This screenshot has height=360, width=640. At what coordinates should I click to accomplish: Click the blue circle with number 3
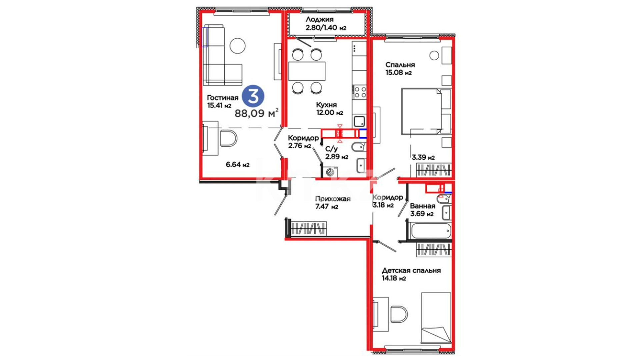(253, 96)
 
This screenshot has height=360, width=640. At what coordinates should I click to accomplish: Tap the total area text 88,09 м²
(257, 113)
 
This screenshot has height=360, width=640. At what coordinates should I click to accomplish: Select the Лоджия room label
(319, 20)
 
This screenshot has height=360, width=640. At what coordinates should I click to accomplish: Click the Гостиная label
(223, 98)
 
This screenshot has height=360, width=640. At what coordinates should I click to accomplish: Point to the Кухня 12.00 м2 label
(329, 109)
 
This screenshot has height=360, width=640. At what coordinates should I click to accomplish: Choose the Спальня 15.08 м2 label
(400, 69)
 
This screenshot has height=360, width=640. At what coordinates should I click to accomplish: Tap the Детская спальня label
(411, 271)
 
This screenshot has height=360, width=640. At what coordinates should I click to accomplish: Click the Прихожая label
(333, 199)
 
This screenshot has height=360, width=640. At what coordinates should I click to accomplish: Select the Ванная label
(423, 206)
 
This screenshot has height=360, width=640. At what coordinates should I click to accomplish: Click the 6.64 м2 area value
(238, 164)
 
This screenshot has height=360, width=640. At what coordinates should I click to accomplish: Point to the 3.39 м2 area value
(423, 157)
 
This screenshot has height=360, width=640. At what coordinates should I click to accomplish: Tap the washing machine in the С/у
(330, 172)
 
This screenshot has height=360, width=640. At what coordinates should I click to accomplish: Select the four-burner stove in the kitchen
(360, 92)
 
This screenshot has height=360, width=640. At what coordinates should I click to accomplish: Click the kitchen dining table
(307, 71)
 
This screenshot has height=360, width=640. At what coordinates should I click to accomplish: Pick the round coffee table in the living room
(238, 46)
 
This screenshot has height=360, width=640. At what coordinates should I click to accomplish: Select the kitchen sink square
(359, 121)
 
